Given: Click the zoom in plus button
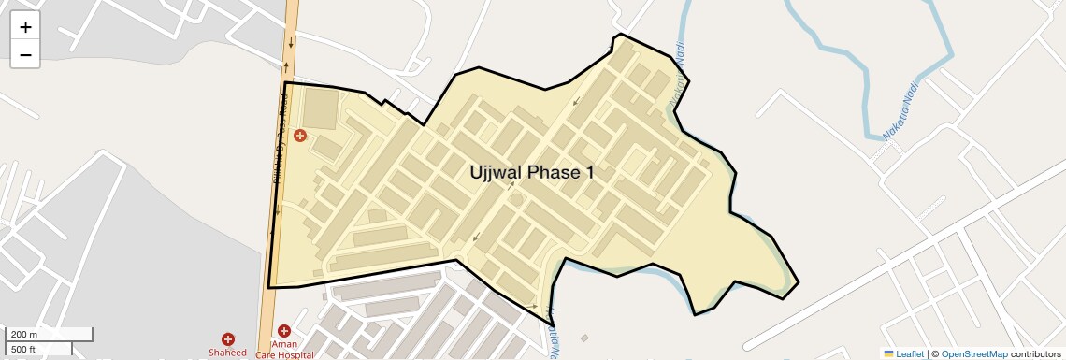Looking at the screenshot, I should [25, 28].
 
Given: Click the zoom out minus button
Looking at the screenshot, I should [25, 55].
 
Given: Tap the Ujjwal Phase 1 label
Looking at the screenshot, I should [531, 172].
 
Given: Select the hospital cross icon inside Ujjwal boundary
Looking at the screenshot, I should [300, 136].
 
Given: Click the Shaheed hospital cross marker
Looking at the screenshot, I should [227, 339].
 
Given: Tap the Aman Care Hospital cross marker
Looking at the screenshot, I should [284, 331].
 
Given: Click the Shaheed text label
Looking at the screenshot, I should [227, 353].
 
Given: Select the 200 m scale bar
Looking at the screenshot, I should [50, 335].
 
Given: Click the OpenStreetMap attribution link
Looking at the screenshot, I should [973, 353].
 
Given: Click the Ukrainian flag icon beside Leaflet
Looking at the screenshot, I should [888, 353].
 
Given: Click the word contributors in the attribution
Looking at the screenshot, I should [1035, 353].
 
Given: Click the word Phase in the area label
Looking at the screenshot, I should [554, 172].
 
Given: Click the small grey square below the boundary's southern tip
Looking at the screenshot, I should [584, 338].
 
